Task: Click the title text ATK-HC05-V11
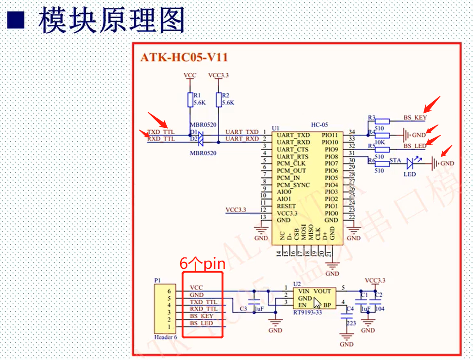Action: pyautogui.click(x=184, y=58)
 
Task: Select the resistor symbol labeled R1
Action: pyautogui.click(x=190, y=99)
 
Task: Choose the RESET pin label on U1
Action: pyautogui.click(x=286, y=206)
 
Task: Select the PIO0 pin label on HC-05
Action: pyautogui.click(x=331, y=213)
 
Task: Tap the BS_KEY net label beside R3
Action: pyautogui.click(x=415, y=118)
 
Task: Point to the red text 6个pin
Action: pyautogui.click(x=202, y=264)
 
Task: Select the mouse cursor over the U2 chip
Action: pyautogui.click(x=317, y=303)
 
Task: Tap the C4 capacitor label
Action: pyautogui.click(x=350, y=309)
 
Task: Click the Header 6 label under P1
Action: pyautogui.click(x=164, y=337)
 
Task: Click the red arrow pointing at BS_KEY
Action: pyautogui.click(x=432, y=104)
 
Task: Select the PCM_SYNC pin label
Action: pyautogui.click(x=293, y=185)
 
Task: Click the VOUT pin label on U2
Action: pyautogui.click(x=322, y=291)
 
